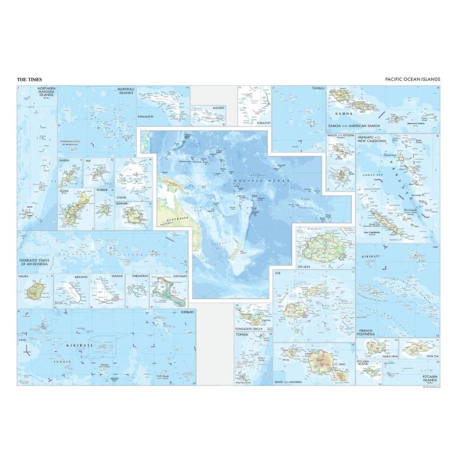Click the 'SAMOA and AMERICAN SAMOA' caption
tap(352, 124)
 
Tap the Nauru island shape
tap(37, 289)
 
